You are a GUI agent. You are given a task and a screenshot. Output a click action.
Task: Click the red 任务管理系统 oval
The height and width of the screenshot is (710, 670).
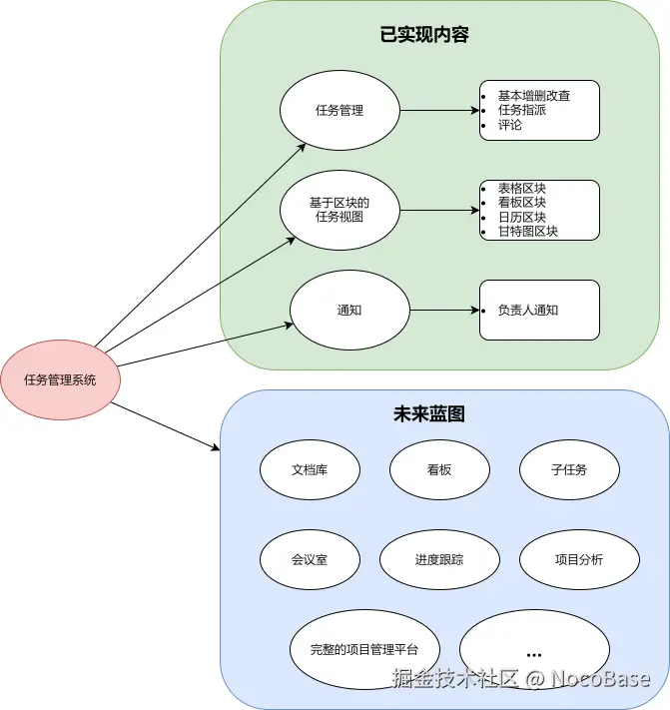tap(61, 379)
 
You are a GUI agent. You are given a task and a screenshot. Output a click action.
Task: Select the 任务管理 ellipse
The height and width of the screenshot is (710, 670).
tap(339, 111)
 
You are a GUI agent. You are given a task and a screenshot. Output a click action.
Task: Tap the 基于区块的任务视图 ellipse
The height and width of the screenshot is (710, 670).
tap(339, 210)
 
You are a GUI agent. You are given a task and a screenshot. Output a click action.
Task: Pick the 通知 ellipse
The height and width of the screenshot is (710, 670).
tap(349, 310)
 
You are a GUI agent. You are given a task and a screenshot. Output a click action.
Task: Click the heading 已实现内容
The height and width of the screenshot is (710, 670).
tap(424, 35)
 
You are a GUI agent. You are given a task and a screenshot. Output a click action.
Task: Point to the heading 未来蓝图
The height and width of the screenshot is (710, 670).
tap(429, 413)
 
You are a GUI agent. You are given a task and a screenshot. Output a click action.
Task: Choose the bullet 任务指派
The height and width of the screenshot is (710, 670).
tap(521, 111)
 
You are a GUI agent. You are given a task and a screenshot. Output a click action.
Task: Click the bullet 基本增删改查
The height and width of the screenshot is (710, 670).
tap(534, 96)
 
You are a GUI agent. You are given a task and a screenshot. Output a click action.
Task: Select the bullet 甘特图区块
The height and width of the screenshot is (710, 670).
tap(527, 232)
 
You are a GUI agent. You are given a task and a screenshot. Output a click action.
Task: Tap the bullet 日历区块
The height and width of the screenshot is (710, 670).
tap(521, 218)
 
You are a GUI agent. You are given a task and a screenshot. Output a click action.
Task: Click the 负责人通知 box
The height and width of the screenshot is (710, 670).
tap(539, 310)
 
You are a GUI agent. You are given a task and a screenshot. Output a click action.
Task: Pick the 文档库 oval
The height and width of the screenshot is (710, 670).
tap(310, 469)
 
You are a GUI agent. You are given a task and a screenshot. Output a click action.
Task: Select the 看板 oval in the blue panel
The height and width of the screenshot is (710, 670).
tap(439, 469)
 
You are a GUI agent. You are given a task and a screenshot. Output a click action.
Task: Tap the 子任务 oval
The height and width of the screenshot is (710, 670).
tap(569, 469)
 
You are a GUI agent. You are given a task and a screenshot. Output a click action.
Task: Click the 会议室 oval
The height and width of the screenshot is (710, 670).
tap(310, 559)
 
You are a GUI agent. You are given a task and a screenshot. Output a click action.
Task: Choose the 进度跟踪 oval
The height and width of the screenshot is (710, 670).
tap(439, 559)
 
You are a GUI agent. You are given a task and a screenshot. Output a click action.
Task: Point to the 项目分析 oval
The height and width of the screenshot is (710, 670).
tap(579, 559)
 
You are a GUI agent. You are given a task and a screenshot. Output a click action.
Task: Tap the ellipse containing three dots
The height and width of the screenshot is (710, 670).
tap(534, 650)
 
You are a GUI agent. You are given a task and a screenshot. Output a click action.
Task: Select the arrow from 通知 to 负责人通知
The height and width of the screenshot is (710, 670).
tap(444, 310)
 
